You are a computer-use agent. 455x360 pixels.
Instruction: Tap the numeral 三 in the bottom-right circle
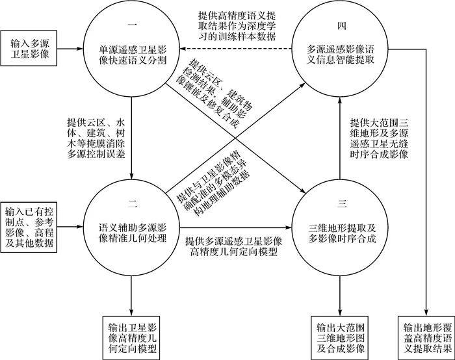click(x=341, y=205)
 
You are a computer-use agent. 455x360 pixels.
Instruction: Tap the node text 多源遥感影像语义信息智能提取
click(x=340, y=53)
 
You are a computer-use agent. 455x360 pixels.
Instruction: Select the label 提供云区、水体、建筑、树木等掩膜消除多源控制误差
click(x=96, y=138)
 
